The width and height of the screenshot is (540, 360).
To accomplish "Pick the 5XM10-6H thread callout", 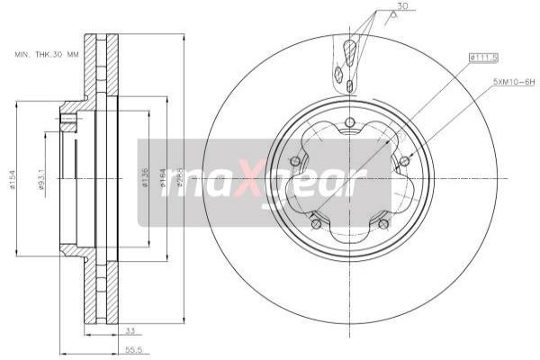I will pos(513,83).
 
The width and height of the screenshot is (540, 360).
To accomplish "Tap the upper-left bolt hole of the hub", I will pos(293,161).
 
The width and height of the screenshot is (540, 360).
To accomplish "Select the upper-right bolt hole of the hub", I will pos(404,160).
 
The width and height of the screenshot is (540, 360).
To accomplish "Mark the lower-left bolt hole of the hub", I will pos(316,223).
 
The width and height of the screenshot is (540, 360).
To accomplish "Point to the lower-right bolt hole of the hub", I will pos(383,223).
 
